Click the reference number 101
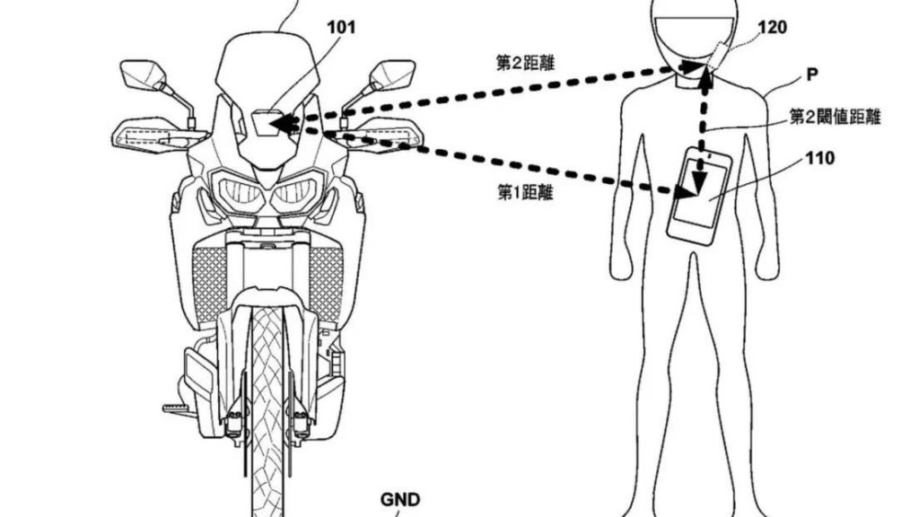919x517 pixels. tap(339, 28)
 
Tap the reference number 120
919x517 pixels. tap(773, 28)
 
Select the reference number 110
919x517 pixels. tap(820, 159)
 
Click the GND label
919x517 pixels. tap(401, 500)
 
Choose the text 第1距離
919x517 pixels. tap(523, 190)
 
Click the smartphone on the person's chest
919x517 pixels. tap(698, 194)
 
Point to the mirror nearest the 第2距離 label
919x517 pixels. tap(392, 70)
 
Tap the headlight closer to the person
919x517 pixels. tap(296, 191)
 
